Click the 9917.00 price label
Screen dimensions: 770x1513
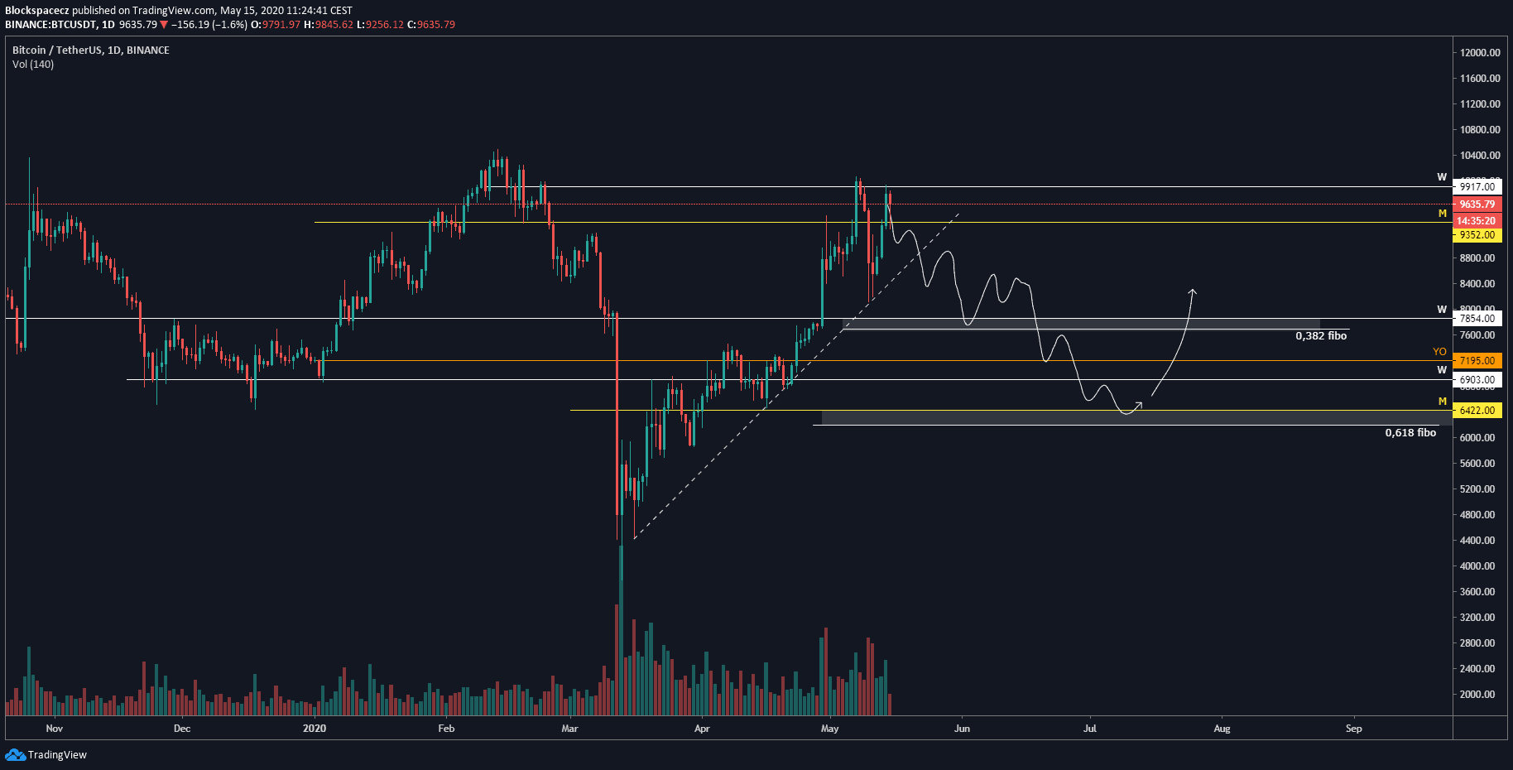pyautogui.click(x=1477, y=187)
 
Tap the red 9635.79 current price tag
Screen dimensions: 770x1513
pyautogui.click(x=1477, y=205)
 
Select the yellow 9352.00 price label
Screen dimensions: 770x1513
pyautogui.click(x=1477, y=235)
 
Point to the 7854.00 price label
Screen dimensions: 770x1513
pyautogui.click(x=1477, y=319)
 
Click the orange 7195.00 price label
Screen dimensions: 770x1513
pyautogui.click(x=1477, y=361)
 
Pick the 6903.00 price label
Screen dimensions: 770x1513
pyautogui.click(x=1477, y=380)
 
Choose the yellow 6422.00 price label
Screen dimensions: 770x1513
pyautogui.click(x=1477, y=411)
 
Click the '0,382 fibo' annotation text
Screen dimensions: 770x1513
pyautogui.click(x=1321, y=336)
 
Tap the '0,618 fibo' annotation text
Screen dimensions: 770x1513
pyautogui.click(x=1410, y=433)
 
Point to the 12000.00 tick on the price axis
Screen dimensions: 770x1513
pyautogui.click(x=1480, y=53)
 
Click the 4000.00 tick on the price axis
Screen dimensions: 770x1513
pyautogui.click(x=1477, y=566)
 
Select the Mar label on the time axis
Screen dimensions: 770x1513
pyautogui.click(x=569, y=729)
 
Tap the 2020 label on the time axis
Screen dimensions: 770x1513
pyautogui.click(x=315, y=729)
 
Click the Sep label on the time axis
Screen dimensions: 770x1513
pyautogui.click(x=1353, y=729)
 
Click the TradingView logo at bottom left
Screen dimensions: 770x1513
pyautogui.click(x=46, y=755)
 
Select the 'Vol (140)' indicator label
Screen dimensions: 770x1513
pyautogui.click(x=33, y=65)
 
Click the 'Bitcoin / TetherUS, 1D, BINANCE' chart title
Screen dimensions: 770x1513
pyautogui.click(x=91, y=51)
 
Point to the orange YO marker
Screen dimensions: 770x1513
pyautogui.click(x=1439, y=352)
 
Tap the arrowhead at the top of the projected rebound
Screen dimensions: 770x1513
pyautogui.click(x=1193, y=291)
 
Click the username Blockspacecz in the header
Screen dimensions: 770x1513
pyautogui.click(x=37, y=11)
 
